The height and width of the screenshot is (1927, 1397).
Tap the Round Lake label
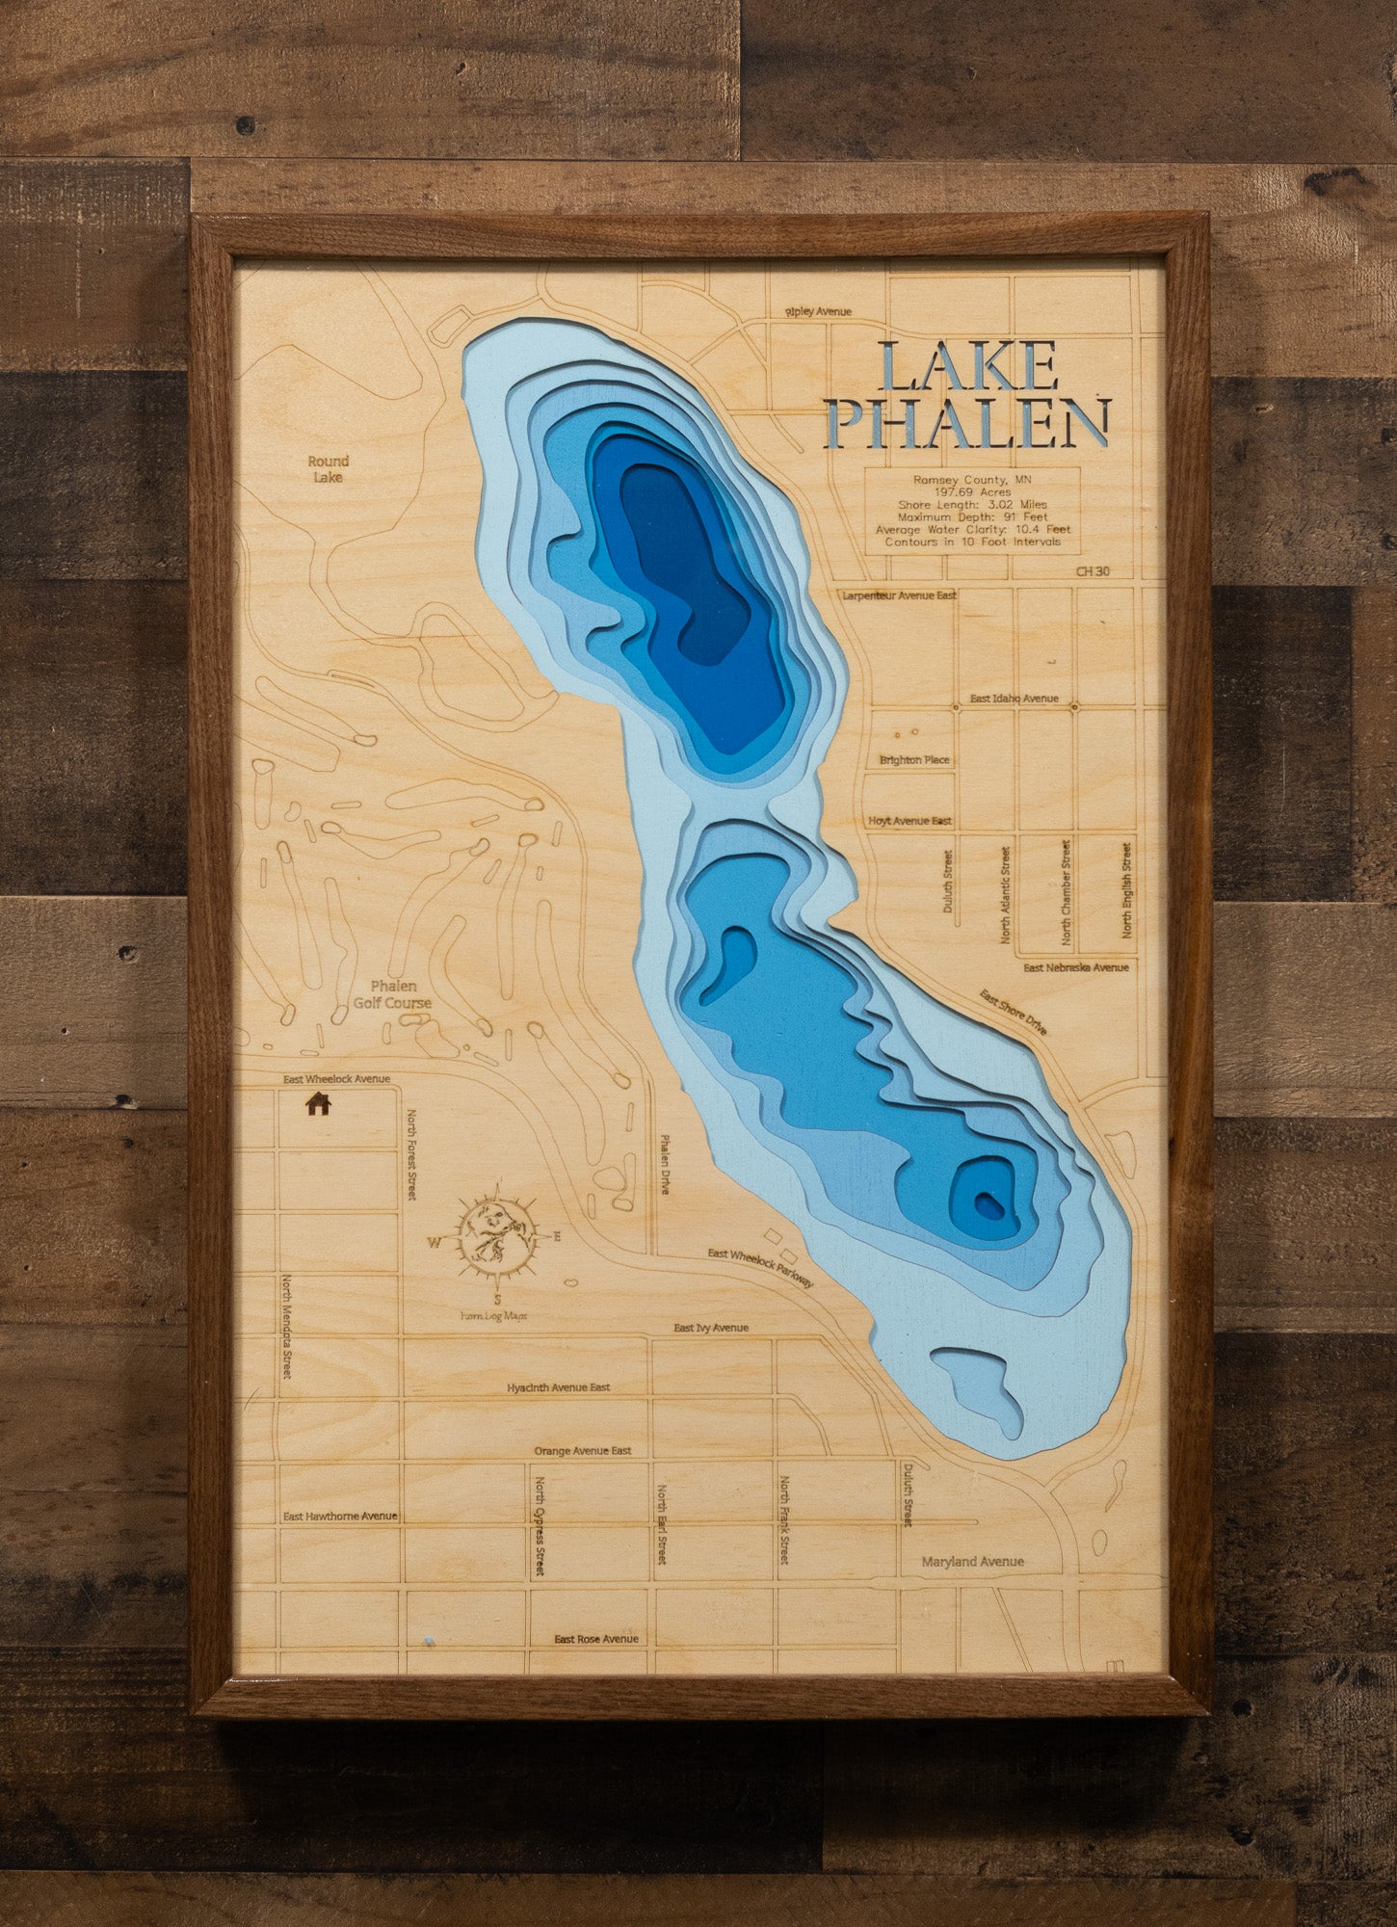(329, 469)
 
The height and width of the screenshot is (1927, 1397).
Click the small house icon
(318, 1103)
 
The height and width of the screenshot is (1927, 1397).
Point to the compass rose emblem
(496, 1236)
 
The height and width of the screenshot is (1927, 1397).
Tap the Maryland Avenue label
(972, 1562)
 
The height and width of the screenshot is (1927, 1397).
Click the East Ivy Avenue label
(711, 1328)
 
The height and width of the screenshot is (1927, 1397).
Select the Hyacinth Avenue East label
(559, 1387)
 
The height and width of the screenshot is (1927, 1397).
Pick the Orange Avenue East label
(583, 1451)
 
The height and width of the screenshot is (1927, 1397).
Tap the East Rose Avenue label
(596, 1639)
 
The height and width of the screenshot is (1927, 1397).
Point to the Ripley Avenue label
(819, 312)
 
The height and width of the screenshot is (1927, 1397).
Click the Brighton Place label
(914, 760)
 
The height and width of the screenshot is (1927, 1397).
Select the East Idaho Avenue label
(1014, 699)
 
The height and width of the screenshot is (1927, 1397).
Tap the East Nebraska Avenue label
(1075, 967)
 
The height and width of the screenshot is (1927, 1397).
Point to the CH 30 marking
(1093, 571)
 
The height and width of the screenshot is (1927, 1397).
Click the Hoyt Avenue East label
(909, 821)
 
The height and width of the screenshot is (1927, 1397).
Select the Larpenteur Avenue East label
(899, 595)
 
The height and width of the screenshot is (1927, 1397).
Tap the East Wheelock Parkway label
(761, 1267)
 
